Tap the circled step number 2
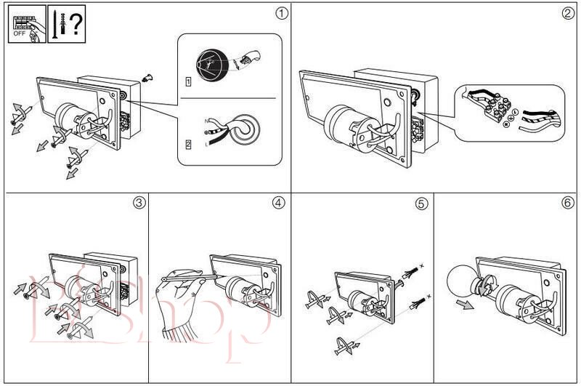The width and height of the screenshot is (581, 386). click(568, 13)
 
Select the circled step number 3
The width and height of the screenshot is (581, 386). click(139, 203)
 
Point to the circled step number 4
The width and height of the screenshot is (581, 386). click(280, 203)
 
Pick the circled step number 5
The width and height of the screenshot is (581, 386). click(422, 204)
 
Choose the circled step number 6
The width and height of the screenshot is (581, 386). click(568, 204)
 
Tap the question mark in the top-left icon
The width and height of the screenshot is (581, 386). click(74, 23)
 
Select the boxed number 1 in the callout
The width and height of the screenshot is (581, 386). click(188, 81)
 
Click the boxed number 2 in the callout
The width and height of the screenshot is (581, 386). click(188, 144)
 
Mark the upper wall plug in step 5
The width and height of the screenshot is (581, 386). click(412, 273)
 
